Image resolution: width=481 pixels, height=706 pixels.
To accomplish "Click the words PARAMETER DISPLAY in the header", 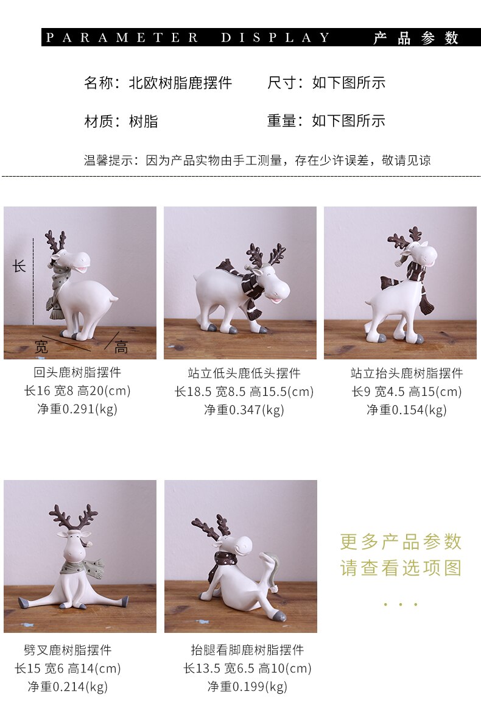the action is [x=188, y=37].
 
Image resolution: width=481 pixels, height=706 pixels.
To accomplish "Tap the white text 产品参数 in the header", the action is [x=416, y=38].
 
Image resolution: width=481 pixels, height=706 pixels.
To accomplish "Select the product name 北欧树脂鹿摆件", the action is [x=180, y=83].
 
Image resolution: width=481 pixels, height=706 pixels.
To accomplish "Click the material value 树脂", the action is [x=144, y=121].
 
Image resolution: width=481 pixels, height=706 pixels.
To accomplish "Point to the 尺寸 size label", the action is [x=282, y=83].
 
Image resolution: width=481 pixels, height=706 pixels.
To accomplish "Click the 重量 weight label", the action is [x=282, y=121].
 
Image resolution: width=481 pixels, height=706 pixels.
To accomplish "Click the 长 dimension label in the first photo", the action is [x=19, y=266].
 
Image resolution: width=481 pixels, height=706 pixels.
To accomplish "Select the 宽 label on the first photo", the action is [x=41, y=347].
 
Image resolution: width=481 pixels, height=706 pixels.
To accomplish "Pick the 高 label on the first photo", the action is [x=121, y=347].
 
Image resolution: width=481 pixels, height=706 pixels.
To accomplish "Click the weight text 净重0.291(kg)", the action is [x=77, y=409].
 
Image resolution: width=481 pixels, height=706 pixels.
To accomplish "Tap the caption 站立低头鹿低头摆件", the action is [x=244, y=373].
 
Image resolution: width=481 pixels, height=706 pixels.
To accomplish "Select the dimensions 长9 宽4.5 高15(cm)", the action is [x=407, y=391].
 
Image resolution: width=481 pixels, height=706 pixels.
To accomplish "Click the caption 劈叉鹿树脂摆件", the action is [x=68, y=650].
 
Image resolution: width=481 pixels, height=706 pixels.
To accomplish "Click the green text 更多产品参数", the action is [x=401, y=542].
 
